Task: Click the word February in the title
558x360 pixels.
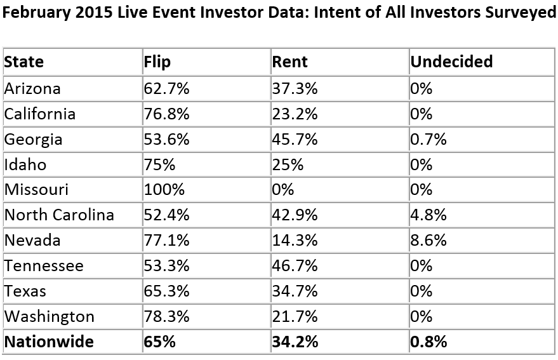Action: pos(36,13)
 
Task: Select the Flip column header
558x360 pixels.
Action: pos(157,62)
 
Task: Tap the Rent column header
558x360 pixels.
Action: pos(289,62)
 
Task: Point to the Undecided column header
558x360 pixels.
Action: pos(451,62)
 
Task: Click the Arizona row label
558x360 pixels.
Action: pos(32,89)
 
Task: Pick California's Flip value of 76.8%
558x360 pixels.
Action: pos(166,114)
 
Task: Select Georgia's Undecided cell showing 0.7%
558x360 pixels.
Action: pos(428,139)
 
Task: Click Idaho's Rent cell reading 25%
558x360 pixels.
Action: pos(288,165)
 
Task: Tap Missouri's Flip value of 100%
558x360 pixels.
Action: pos(164,189)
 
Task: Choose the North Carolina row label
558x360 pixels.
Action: pos(59,215)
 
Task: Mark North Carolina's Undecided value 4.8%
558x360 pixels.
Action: pos(428,215)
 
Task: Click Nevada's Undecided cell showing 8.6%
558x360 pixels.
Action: pos(428,241)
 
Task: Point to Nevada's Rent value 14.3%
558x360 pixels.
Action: pos(295,241)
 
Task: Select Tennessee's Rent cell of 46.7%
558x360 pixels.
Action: pos(295,266)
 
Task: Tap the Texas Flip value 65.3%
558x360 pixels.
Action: pos(166,291)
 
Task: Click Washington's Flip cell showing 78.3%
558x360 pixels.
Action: pos(166,317)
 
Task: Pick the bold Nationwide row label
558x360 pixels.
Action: pos(49,342)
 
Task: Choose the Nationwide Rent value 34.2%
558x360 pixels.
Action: pos(295,342)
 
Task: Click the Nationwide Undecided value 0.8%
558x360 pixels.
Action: pos(428,342)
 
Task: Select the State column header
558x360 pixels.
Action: pos(24,62)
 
